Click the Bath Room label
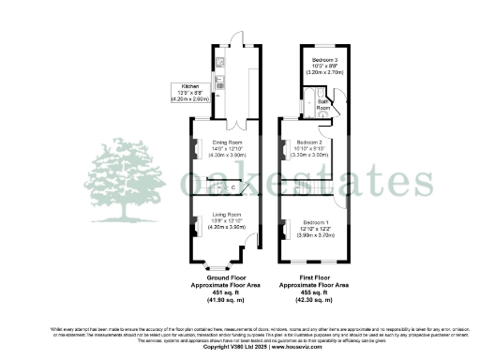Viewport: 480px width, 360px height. pos(323,104)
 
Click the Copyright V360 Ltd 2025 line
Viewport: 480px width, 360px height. pos(239,347)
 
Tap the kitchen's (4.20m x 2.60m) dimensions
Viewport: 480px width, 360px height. pos(188,98)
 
